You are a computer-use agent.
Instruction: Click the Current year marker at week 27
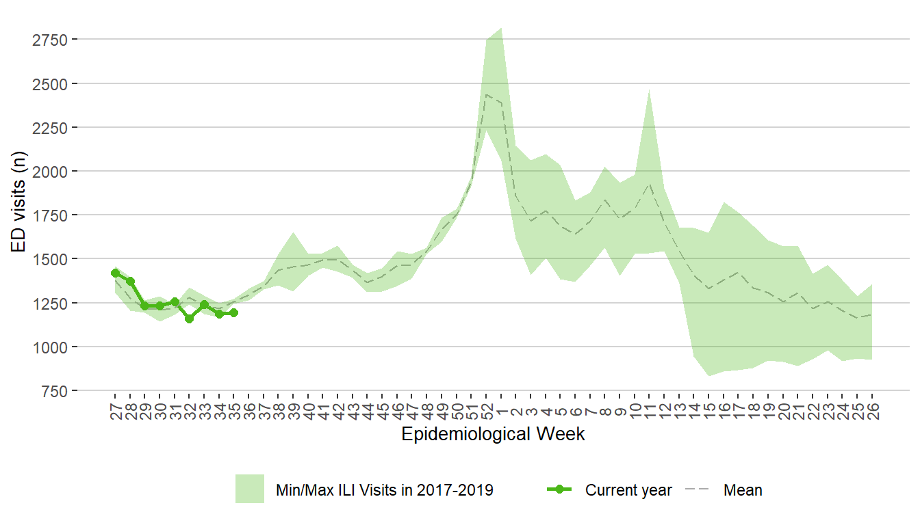click(x=115, y=273)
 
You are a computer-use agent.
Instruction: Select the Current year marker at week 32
click(x=189, y=319)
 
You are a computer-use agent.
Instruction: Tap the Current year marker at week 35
click(x=233, y=312)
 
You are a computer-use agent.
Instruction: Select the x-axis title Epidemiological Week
click(x=493, y=434)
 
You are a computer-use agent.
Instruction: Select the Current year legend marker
click(x=560, y=489)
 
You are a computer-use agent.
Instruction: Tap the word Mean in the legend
click(x=743, y=490)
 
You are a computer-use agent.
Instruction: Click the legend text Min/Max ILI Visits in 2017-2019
click(x=384, y=490)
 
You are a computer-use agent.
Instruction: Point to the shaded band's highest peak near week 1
click(x=501, y=29)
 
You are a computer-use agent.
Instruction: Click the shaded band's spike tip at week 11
click(x=649, y=90)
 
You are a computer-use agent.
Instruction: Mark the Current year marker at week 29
click(x=144, y=306)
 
